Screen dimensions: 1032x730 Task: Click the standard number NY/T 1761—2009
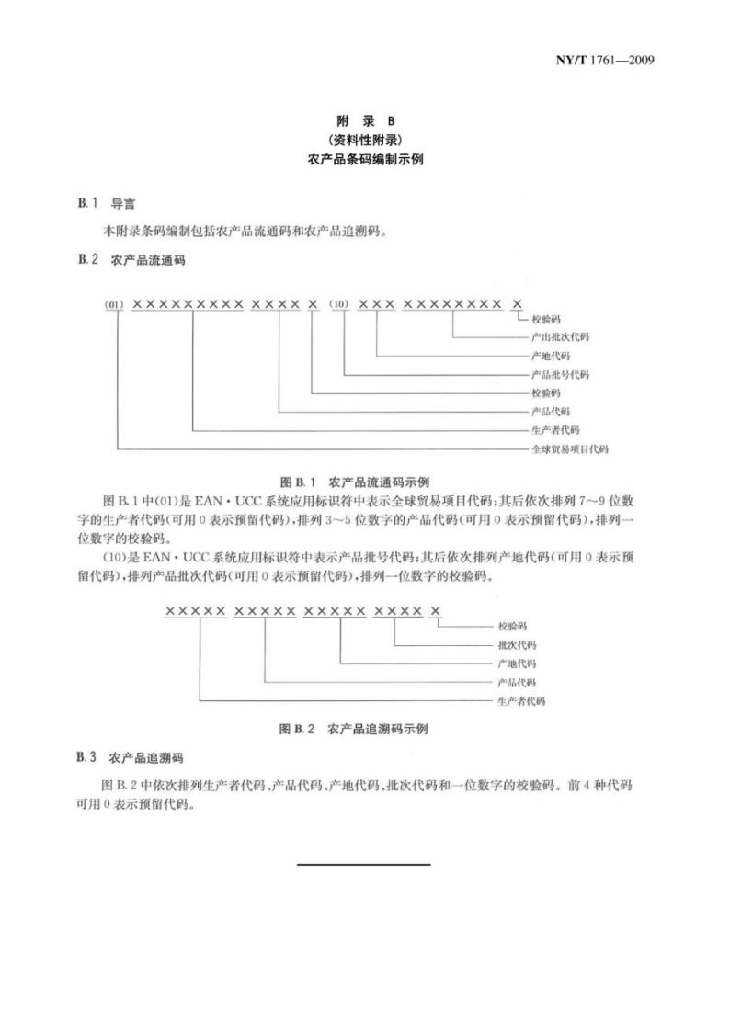(605, 61)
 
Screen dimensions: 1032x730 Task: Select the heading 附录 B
(365, 120)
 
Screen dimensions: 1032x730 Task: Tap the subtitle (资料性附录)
(365, 140)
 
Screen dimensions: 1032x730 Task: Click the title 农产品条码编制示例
(365, 159)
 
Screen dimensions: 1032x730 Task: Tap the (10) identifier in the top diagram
(340, 304)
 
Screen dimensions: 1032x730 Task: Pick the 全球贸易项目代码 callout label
(570, 449)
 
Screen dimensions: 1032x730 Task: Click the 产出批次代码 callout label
(560, 337)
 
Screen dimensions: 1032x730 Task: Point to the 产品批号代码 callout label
(560, 375)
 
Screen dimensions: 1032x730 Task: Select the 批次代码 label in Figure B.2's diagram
(516, 645)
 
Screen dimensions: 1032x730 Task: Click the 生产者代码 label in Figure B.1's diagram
(555, 430)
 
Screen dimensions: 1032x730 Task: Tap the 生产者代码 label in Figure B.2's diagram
(520, 701)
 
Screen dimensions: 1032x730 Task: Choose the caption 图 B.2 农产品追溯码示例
(353, 730)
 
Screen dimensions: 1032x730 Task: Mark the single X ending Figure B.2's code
(436, 611)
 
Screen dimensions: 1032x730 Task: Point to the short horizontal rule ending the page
(364, 865)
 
